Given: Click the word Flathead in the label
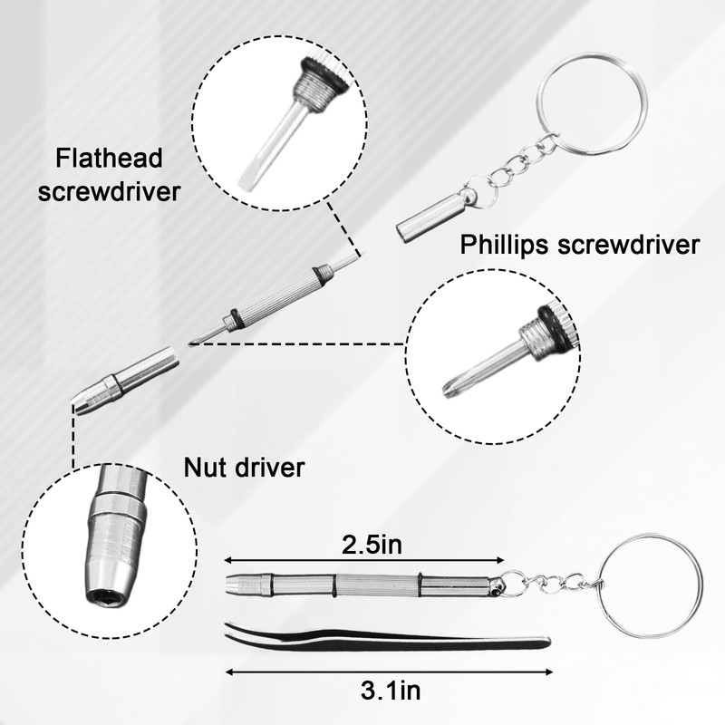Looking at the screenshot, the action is point(109,160).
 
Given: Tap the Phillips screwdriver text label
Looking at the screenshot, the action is point(580,245).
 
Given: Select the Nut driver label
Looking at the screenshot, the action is point(244,468).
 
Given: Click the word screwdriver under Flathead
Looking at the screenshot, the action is point(109,192).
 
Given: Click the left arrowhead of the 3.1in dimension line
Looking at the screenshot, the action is point(229,672).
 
